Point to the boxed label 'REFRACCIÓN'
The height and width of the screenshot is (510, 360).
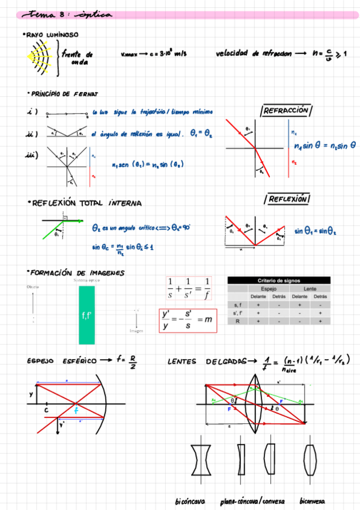(x=286, y=111)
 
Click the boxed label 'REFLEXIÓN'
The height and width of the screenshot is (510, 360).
(x=286, y=199)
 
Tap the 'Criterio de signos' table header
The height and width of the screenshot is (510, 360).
(x=279, y=280)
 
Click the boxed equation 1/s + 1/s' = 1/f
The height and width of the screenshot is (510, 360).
(x=189, y=289)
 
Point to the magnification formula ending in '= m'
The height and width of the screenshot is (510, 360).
(x=188, y=321)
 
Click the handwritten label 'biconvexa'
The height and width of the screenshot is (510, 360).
(x=313, y=501)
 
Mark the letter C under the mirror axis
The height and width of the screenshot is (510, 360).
(x=46, y=411)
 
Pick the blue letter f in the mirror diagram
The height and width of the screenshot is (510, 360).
(x=77, y=410)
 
